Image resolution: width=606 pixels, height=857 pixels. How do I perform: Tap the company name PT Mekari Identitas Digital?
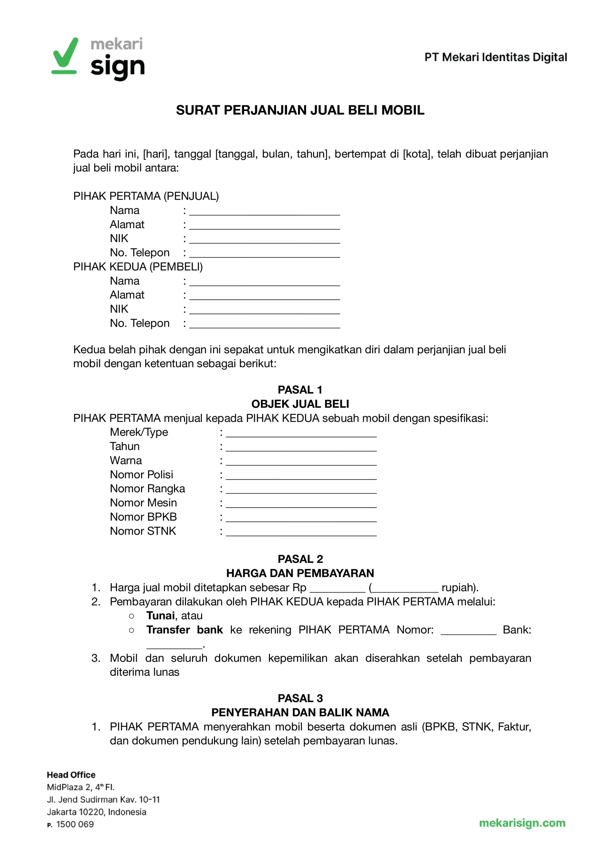[496, 57]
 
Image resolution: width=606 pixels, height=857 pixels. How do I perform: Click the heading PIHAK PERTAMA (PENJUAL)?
[146, 196]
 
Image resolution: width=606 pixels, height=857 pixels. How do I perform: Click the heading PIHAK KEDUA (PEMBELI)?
[138, 266]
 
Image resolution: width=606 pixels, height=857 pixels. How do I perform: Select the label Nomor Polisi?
[141, 475]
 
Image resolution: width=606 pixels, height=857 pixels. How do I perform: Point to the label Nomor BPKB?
[143, 517]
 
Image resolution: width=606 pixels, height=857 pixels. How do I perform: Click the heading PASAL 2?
[300, 559]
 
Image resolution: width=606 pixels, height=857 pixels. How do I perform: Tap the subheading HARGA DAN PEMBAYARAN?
[300, 573]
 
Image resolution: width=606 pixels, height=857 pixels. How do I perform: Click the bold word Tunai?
[161, 615]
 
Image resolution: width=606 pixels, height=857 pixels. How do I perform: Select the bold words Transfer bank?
[184, 630]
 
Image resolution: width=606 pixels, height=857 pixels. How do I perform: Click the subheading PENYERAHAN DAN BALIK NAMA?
[300, 712]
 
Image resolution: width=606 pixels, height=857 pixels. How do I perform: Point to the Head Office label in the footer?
[71, 775]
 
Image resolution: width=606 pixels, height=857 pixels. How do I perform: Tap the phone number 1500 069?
[75, 824]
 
